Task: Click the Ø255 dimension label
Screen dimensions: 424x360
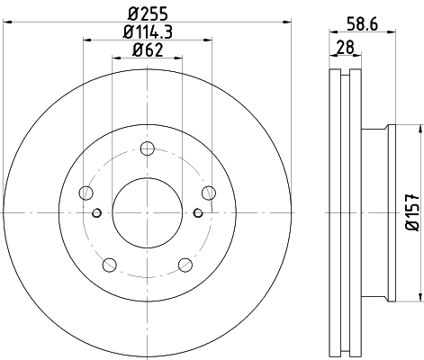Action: [x=148, y=13]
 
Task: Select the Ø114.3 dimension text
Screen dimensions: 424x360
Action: [x=148, y=31]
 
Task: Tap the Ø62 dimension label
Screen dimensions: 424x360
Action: [x=148, y=49]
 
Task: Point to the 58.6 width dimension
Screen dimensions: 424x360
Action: [x=363, y=24]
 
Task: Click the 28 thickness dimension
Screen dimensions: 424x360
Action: [x=345, y=47]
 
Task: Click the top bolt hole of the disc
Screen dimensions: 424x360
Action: [x=148, y=148]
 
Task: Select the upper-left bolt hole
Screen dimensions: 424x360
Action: [x=86, y=193]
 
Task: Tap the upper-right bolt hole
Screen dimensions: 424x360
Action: [x=209, y=193]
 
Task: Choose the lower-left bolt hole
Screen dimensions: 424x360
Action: [x=110, y=265]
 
